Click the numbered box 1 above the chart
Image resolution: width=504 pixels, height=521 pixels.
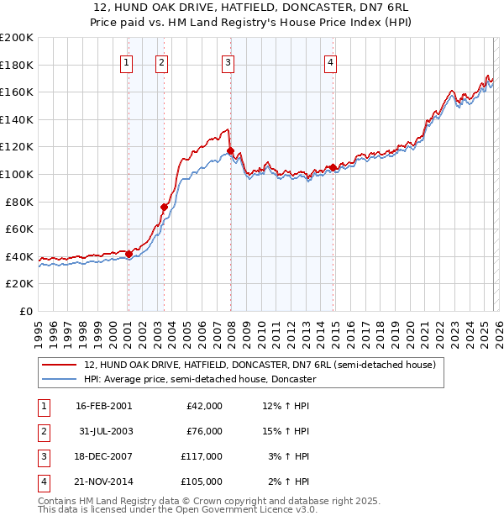coord(126,61)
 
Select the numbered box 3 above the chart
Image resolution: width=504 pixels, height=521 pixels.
coord(228,61)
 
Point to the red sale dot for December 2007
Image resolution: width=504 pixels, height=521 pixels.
coord(230,151)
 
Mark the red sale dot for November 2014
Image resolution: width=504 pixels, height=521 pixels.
coord(333,167)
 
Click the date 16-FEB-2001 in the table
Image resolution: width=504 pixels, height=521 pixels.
coord(104,406)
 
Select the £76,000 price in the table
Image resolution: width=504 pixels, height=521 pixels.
coord(204,431)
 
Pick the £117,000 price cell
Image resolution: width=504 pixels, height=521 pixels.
coord(202,456)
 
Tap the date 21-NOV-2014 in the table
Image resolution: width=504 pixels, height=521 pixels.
coord(104,482)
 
